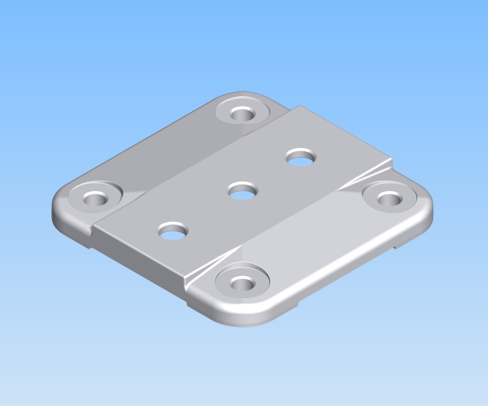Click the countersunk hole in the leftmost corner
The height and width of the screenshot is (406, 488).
click(x=94, y=197)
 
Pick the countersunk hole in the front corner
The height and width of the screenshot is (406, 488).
click(x=241, y=283)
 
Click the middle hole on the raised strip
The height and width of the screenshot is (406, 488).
click(x=243, y=192)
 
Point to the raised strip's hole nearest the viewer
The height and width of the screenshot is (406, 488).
click(x=173, y=231)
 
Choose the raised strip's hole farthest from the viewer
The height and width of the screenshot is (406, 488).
click(x=300, y=158)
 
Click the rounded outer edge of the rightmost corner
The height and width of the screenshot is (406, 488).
click(x=430, y=211)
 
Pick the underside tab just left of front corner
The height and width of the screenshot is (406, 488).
click(x=195, y=305)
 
